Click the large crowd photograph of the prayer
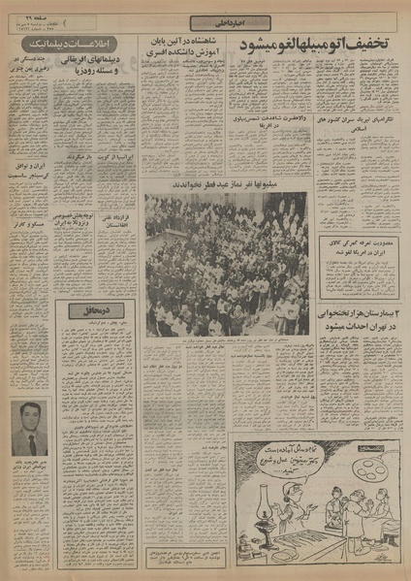coord(226,263)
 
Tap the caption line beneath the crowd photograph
coord(226,341)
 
